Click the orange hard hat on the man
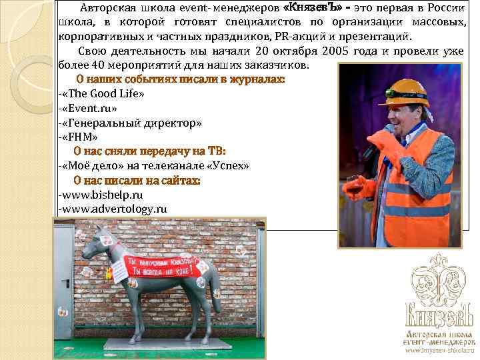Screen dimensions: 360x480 click(x=403, y=91)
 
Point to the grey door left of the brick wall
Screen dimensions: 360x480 click(x=65, y=280)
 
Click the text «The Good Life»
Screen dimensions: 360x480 click(x=103, y=93)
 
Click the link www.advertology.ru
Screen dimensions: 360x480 click(x=114, y=209)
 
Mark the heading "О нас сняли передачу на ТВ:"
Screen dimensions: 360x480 click(x=149, y=151)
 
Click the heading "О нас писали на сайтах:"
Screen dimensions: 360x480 click(x=137, y=180)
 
